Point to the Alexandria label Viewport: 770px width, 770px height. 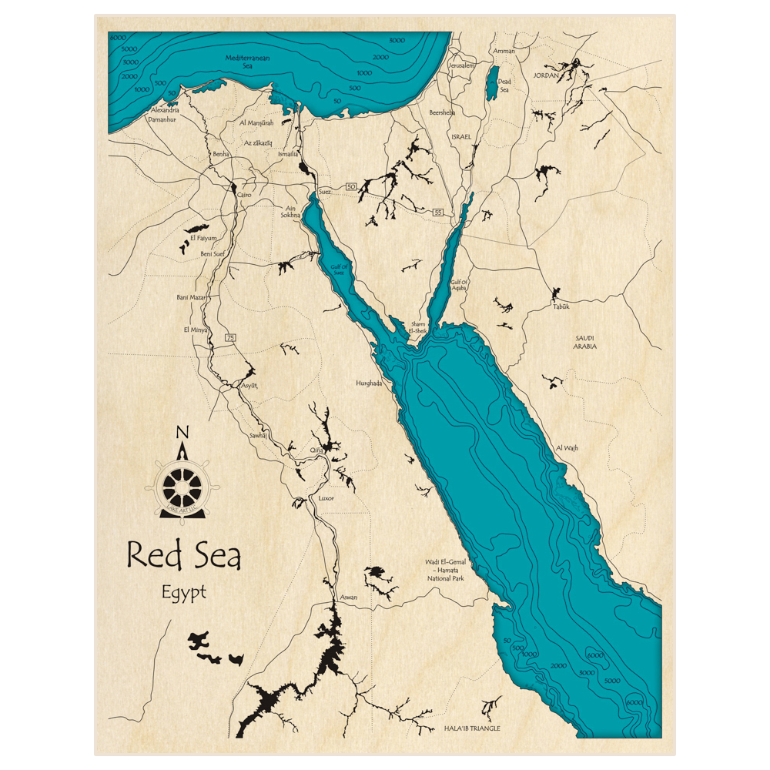170,111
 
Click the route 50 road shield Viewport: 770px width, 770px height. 351,187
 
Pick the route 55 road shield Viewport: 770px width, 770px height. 438,212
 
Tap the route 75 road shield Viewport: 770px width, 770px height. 230,338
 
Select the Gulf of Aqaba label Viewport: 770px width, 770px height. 460,286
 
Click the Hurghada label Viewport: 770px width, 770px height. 369,383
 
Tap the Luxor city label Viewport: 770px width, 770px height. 326,499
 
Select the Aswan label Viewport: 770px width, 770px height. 347,597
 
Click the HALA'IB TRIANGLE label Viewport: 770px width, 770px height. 472,728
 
